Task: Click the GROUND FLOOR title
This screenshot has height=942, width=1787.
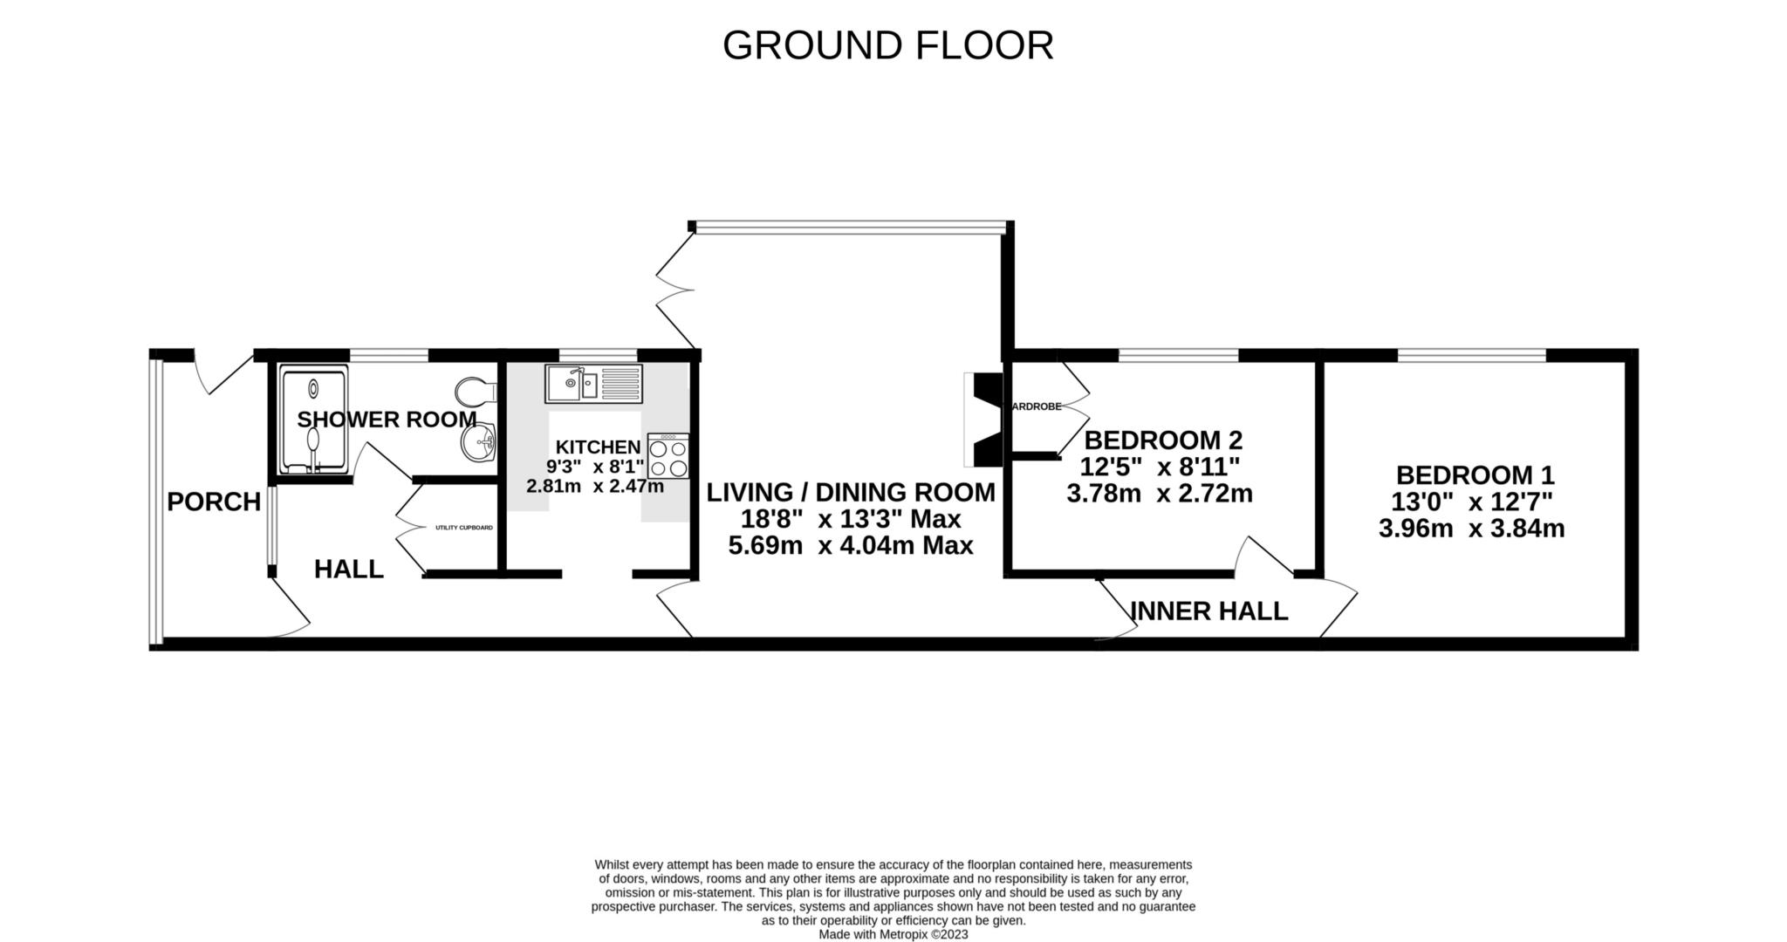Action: click(887, 45)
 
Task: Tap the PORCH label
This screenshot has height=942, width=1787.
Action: click(214, 502)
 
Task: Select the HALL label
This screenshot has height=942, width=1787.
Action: click(348, 570)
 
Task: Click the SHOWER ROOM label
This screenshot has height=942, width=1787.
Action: click(387, 420)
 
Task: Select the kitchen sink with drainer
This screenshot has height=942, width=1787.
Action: click(593, 384)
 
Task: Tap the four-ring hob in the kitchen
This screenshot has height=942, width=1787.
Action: click(668, 456)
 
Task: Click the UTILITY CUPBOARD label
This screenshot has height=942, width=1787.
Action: click(464, 528)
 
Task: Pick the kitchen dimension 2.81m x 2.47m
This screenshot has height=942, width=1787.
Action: click(595, 487)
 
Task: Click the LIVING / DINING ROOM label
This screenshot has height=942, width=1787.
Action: click(850, 493)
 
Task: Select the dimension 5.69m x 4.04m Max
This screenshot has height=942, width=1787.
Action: click(850, 547)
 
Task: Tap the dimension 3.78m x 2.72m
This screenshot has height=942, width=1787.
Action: click(1159, 495)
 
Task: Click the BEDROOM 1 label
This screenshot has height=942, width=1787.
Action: click(1475, 475)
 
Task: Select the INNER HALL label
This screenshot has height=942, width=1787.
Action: click(1208, 611)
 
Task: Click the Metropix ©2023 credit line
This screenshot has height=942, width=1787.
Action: click(893, 934)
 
